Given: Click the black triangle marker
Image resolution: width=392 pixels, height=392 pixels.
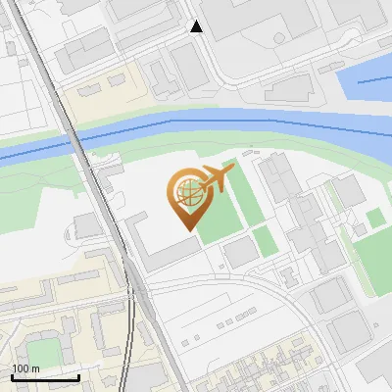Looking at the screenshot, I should (x=196, y=26).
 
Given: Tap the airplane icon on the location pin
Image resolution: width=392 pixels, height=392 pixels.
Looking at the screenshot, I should (x=215, y=180).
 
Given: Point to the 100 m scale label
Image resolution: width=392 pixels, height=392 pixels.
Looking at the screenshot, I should (x=25, y=368).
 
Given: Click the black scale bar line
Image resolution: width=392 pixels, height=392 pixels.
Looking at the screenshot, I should (x=45, y=377).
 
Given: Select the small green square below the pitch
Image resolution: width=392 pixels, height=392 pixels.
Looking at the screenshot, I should (x=264, y=238).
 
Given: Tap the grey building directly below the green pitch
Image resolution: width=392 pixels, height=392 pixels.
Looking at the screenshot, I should (x=240, y=253).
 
